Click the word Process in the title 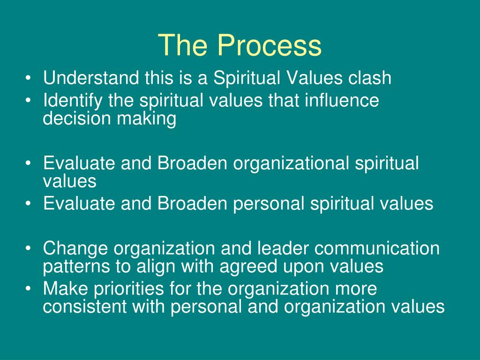[269, 46]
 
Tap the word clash [369, 78]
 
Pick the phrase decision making [110, 119]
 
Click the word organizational [292, 163]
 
